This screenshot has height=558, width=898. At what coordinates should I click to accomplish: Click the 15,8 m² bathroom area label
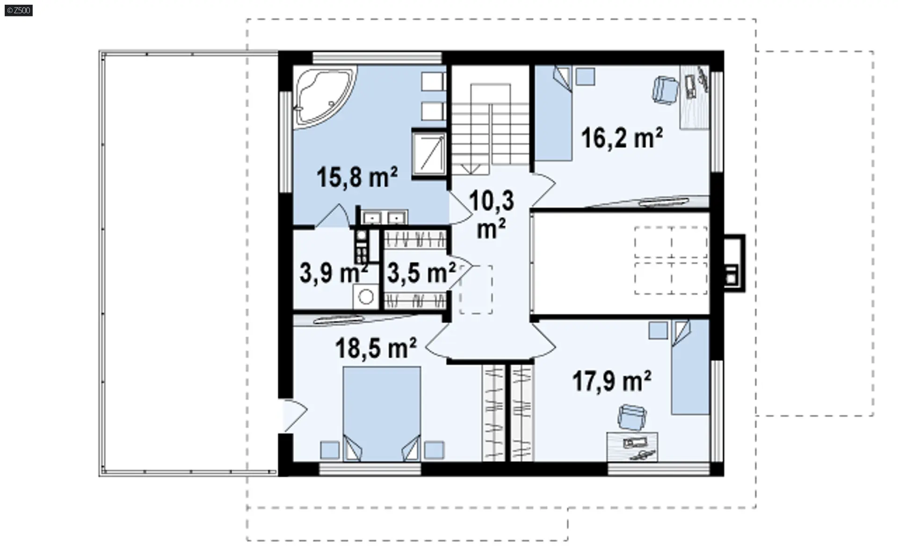point(357,177)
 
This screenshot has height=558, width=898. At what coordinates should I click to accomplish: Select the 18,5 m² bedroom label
point(376,348)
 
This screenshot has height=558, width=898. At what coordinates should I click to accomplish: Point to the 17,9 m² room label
point(612,381)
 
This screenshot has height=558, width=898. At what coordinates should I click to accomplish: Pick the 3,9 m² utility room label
point(333,273)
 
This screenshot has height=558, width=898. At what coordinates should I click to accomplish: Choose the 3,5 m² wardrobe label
point(421,273)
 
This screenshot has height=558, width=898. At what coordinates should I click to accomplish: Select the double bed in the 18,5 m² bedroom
point(382,414)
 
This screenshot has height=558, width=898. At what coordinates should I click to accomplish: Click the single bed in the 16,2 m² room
point(554,113)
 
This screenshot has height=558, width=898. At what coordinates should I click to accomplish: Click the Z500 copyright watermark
point(19,10)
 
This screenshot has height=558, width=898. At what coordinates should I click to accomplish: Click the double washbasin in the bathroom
point(384,217)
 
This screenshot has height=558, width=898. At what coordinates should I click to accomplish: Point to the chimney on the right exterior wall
point(733,263)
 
